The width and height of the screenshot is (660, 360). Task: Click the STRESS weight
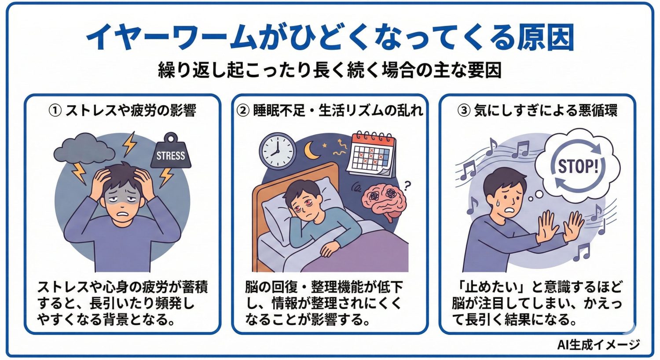[171, 154]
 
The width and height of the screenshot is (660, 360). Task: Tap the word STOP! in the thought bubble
[578, 166]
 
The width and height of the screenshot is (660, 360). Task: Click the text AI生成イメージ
[598, 345]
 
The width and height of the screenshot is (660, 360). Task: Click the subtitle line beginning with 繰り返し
[330, 70]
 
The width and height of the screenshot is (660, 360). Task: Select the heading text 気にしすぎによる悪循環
[546, 110]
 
